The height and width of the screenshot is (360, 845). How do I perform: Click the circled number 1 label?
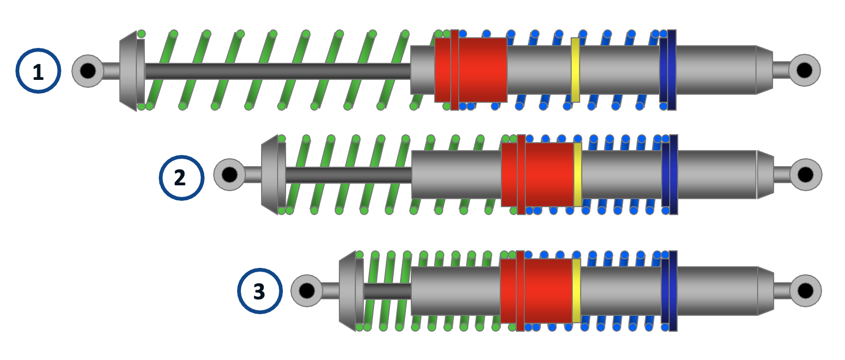click(38, 71)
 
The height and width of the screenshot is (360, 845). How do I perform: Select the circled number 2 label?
click(181, 177)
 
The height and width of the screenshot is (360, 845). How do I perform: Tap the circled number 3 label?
click(259, 291)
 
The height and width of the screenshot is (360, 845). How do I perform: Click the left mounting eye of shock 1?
click(88, 70)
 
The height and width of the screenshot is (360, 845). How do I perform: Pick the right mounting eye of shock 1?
click(804, 70)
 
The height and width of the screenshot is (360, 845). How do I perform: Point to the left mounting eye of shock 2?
click(230, 174)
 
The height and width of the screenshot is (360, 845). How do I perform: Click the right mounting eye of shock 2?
click(805, 174)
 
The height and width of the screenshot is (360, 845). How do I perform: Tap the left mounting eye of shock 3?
click(307, 290)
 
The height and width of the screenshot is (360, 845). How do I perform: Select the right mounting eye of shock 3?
click(805, 291)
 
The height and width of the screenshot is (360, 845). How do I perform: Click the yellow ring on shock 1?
click(575, 70)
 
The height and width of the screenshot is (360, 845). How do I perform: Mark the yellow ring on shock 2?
click(578, 174)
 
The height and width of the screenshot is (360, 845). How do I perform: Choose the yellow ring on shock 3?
click(576, 291)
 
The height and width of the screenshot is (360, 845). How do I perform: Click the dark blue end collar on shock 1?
click(668, 70)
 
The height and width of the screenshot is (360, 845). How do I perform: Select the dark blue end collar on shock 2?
click(670, 174)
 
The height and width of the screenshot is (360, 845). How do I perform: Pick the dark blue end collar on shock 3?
click(670, 291)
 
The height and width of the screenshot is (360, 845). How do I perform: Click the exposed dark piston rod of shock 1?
click(277, 71)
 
